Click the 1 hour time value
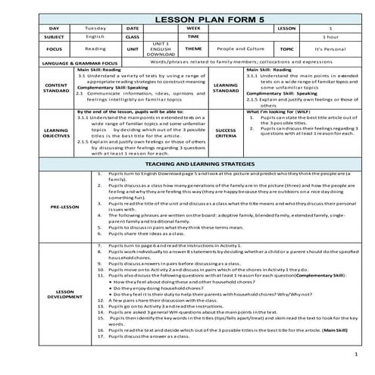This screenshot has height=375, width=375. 331,36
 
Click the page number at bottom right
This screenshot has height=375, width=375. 355,354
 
